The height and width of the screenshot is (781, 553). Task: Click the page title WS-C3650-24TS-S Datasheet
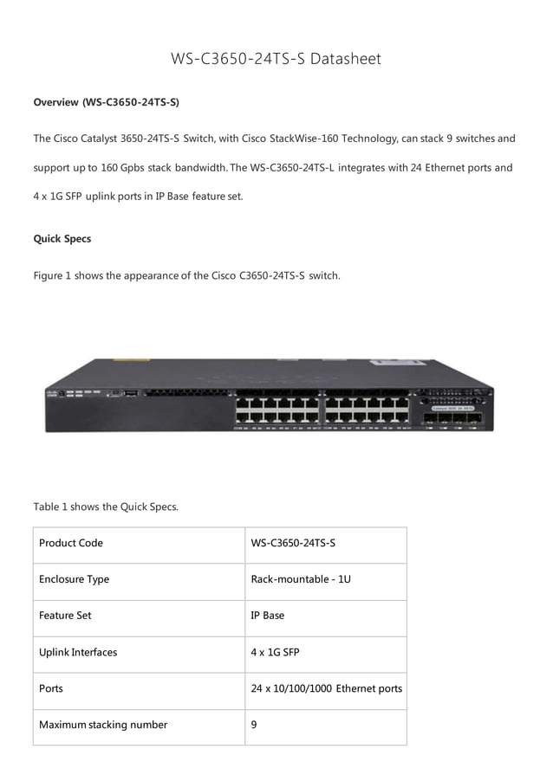[276, 59]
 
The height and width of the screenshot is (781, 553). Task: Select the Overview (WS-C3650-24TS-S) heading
[106, 102]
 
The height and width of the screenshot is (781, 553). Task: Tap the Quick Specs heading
[62, 238]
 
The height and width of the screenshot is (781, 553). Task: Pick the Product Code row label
[71, 543]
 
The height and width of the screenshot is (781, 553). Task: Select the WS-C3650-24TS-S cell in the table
[292, 543]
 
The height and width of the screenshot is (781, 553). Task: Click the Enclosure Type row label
[74, 579]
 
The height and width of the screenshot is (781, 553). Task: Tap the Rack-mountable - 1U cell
[300, 579]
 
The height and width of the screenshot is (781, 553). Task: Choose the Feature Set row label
[65, 616]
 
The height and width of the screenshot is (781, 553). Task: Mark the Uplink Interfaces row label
[78, 652]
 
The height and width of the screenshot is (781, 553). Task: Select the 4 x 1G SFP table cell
[275, 652]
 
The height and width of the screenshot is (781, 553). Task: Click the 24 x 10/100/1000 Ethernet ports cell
[326, 688]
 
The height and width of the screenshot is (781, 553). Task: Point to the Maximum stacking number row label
[103, 725]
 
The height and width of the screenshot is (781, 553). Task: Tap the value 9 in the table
[253, 725]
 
